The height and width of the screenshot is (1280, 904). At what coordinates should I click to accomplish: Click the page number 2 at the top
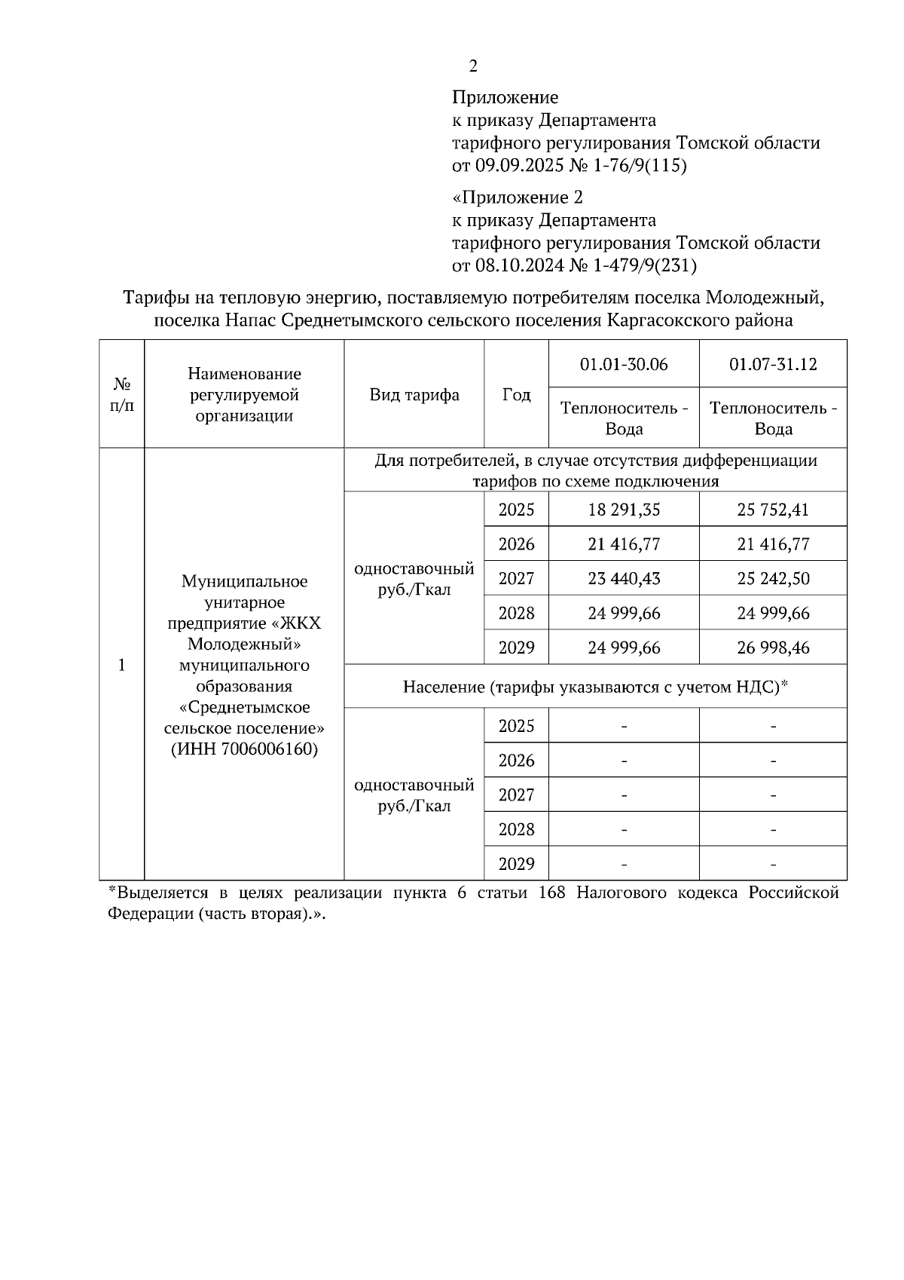(x=472, y=67)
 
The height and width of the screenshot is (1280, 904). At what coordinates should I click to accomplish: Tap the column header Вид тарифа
(x=414, y=395)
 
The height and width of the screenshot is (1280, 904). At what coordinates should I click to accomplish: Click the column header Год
(x=516, y=395)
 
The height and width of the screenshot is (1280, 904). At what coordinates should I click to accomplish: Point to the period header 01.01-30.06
(x=624, y=365)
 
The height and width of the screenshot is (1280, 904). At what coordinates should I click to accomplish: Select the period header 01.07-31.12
(x=773, y=365)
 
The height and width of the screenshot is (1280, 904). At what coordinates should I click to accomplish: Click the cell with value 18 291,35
(x=624, y=510)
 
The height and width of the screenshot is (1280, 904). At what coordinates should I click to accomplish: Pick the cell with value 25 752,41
(x=773, y=510)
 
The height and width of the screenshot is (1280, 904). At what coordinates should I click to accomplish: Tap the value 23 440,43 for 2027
(x=624, y=579)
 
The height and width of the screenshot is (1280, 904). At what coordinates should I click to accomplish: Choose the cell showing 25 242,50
(x=773, y=579)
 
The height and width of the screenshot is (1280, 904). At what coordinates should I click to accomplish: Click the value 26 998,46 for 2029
(x=773, y=648)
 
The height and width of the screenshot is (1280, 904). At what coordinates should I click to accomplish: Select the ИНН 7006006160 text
(x=244, y=750)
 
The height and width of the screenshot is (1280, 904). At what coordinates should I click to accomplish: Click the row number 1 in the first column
(x=121, y=665)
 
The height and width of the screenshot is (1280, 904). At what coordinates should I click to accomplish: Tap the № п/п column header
(x=121, y=395)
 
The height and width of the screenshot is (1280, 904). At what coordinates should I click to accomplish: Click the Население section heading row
(x=595, y=687)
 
